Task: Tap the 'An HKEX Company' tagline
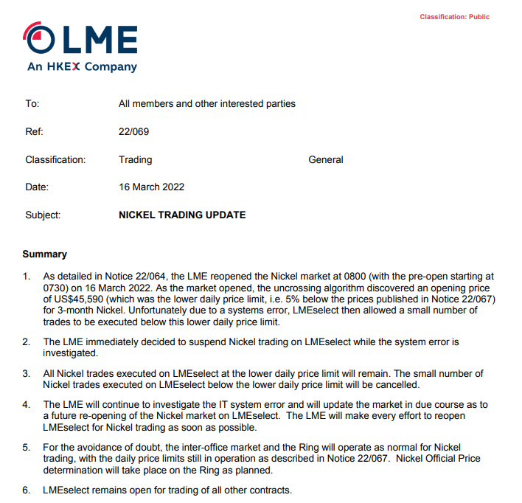click(82, 67)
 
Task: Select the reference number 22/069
click(133, 131)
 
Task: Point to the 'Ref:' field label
click(34, 131)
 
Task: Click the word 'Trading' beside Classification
click(135, 159)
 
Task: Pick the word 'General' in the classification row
click(325, 159)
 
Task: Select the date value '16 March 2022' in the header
click(151, 187)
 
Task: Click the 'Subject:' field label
click(43, 215)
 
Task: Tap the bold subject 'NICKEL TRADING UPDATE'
click(182, 215)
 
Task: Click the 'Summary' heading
click(44, 254)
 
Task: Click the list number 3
click(27, 373)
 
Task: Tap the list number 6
click(27, 490)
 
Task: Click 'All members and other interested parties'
click(206, 104)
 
